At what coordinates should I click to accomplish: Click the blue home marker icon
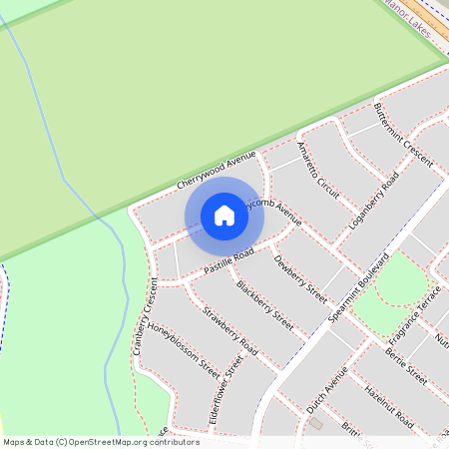pos(224,216)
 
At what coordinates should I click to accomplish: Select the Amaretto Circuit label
pos(319,161)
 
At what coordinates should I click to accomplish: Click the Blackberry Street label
pos(264,304)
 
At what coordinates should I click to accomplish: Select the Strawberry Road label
pos(230,332)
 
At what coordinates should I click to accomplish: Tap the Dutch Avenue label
pos(327,391)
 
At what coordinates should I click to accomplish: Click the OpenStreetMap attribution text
pos(101,442)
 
